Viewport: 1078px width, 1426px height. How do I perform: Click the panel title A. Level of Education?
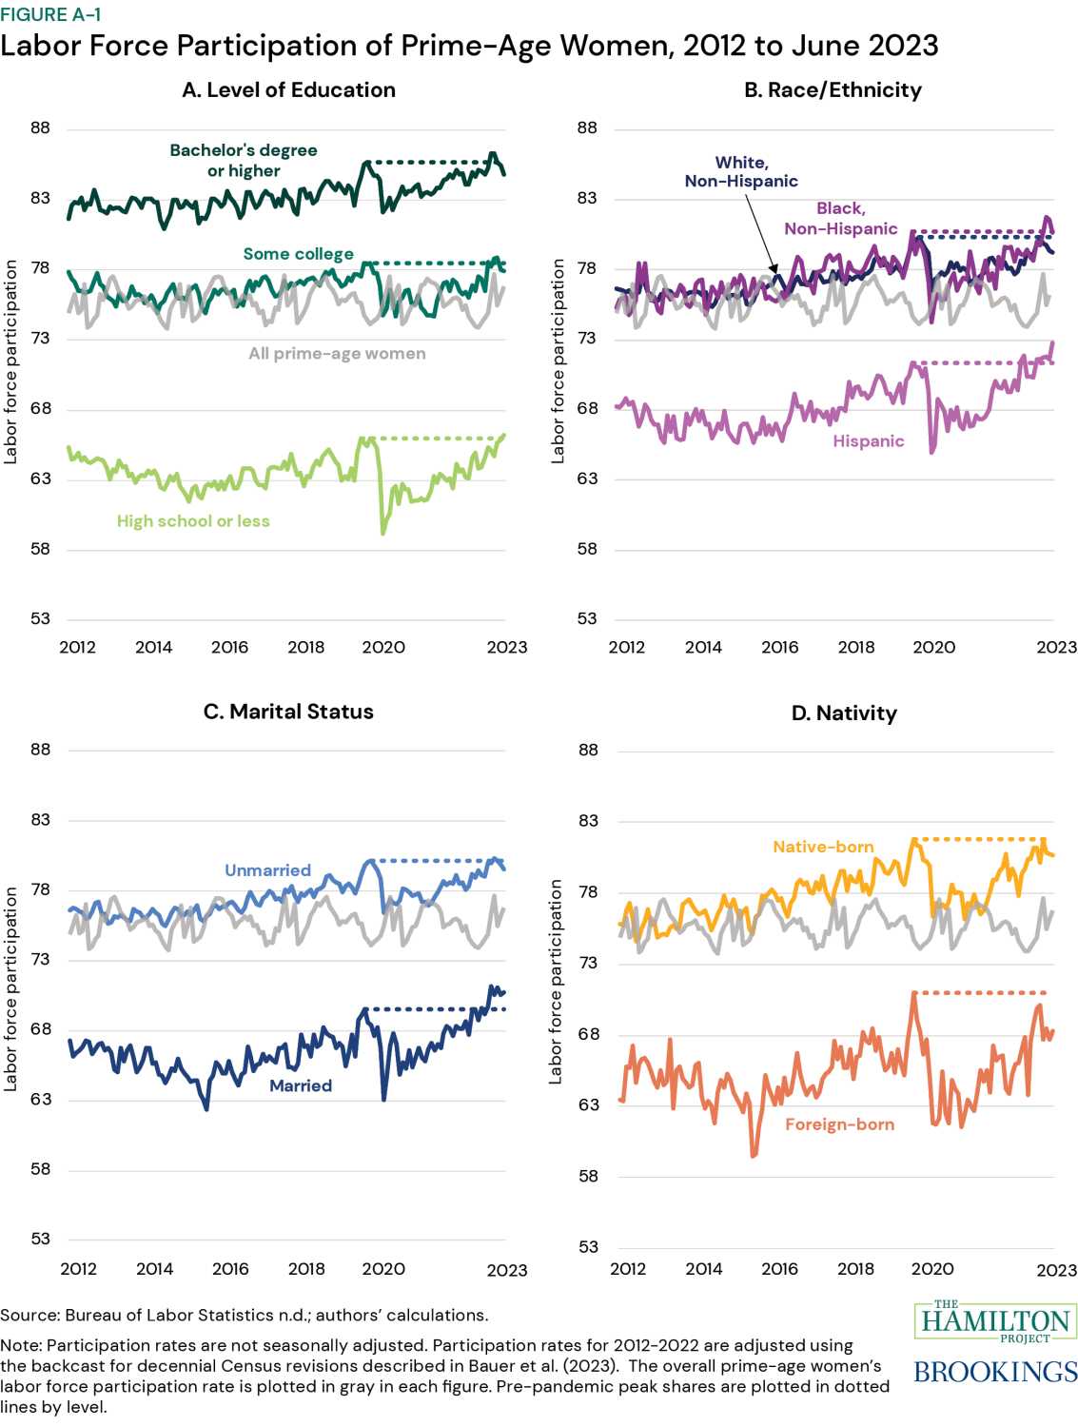pyautogui.click(x=288, y=90)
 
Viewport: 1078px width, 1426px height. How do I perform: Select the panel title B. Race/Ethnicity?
pyautogui.click(x=833, y=90)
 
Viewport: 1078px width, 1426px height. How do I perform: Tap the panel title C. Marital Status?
pyautogui.click(x=288, y=712)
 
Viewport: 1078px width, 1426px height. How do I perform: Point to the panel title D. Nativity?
pyautogui.click(x=844, y=713)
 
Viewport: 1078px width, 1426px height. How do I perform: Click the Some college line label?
pyautogui.click(x=298, y=254)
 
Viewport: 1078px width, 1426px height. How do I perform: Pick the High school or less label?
pyautogui.click(x=193, y=521)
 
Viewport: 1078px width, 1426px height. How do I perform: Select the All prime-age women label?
pyautogui.click(x=337, y=354)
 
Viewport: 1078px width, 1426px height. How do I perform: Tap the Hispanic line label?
pyautogui.click(x=868, y=441)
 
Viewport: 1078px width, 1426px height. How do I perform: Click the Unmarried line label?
pyautogui.click(x=267, y=870)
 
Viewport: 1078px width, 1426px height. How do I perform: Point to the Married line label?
pyautogui.click(x=301, y=1085)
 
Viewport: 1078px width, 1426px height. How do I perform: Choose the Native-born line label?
pyautogui.click(x=823, y=847)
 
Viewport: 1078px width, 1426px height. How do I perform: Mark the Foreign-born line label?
pyautogui.click(x=839, y=1124)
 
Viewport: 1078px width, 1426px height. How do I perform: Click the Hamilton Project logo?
pyautogui.click(x=995, y=1321)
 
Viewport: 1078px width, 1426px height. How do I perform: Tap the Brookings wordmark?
pyautogui.click(x=995, y=1372)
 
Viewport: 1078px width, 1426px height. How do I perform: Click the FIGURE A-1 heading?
pyautogui.click(x=50, y=14)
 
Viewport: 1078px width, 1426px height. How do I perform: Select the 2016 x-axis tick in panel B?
pyautogui.click(x=779, y=647)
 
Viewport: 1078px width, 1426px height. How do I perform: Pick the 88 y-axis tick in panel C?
pyautogui.click(x=40, y=750)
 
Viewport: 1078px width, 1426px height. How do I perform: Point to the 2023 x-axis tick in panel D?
pyautogui.click(x=1056, y=1270)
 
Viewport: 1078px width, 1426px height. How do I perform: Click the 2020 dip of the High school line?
pyautogui.click(x=383, y=532)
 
